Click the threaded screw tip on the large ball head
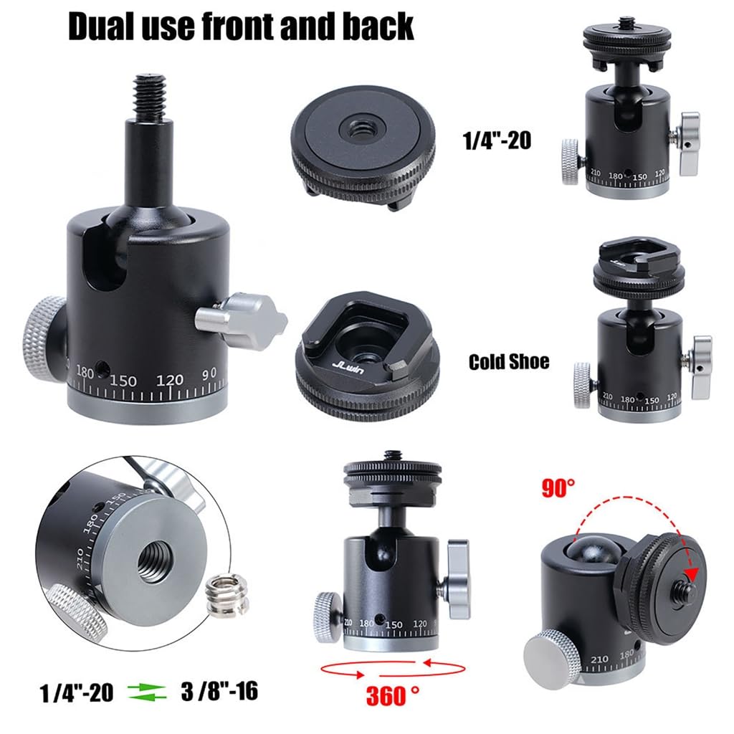pos(149,97)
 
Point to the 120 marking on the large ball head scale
pos(169,380)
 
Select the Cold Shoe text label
pos(509,361)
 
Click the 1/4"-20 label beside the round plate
pos(497,140)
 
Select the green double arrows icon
pos(147,692)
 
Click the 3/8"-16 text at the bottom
pos(219,691)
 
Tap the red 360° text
pos(392,695)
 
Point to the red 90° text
pos(558,487)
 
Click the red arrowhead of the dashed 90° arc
pos(690,573)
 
